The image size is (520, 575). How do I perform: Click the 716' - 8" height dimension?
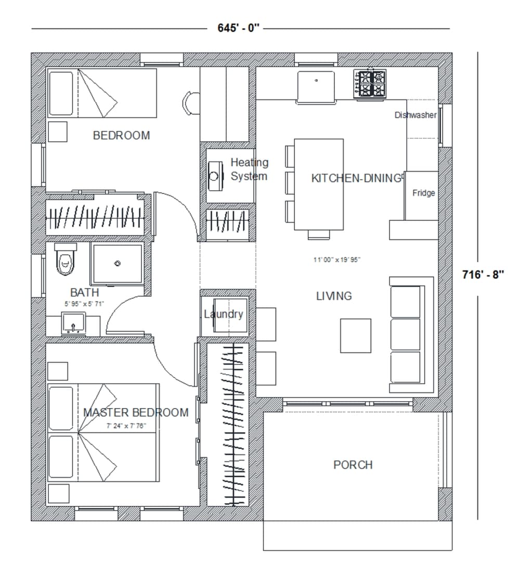point(483,275)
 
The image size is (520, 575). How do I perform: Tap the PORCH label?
point(353,465)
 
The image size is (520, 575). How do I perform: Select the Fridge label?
point(423,193)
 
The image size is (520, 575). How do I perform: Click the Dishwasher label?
point(415,115)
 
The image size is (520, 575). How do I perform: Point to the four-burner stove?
point(370,83)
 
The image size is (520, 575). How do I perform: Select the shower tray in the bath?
point(117,264)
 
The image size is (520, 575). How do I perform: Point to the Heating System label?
point(250,169)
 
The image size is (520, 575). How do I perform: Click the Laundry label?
point(223,314)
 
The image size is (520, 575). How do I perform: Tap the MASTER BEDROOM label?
point(136,413)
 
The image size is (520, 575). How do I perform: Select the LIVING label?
point(334,296)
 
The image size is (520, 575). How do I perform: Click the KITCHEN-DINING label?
point(357,178)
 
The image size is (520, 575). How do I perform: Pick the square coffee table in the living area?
point(356,336)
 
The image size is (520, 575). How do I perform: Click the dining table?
point(319,184)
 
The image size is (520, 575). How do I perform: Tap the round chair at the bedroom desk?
point(192,102)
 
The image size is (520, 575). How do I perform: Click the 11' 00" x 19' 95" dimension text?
point(336,260)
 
